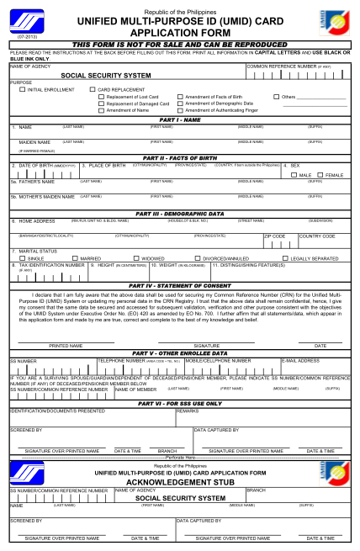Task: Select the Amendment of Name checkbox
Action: click(101, 110)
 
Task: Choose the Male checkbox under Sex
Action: click(294, 174)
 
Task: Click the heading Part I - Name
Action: click(179, 119)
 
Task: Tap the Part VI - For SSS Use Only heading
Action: click(179, 404)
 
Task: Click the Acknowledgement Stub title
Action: click(179, 482)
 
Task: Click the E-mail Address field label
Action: click(299, 360)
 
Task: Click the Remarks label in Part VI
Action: click(188, 411)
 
